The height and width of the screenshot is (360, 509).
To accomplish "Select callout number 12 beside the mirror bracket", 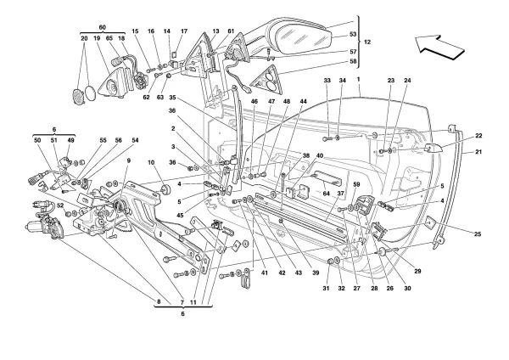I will [x=366, y=41].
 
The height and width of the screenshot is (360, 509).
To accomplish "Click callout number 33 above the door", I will [x=327, y=81].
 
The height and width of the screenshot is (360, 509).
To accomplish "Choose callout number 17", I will [x=183, y=31].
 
